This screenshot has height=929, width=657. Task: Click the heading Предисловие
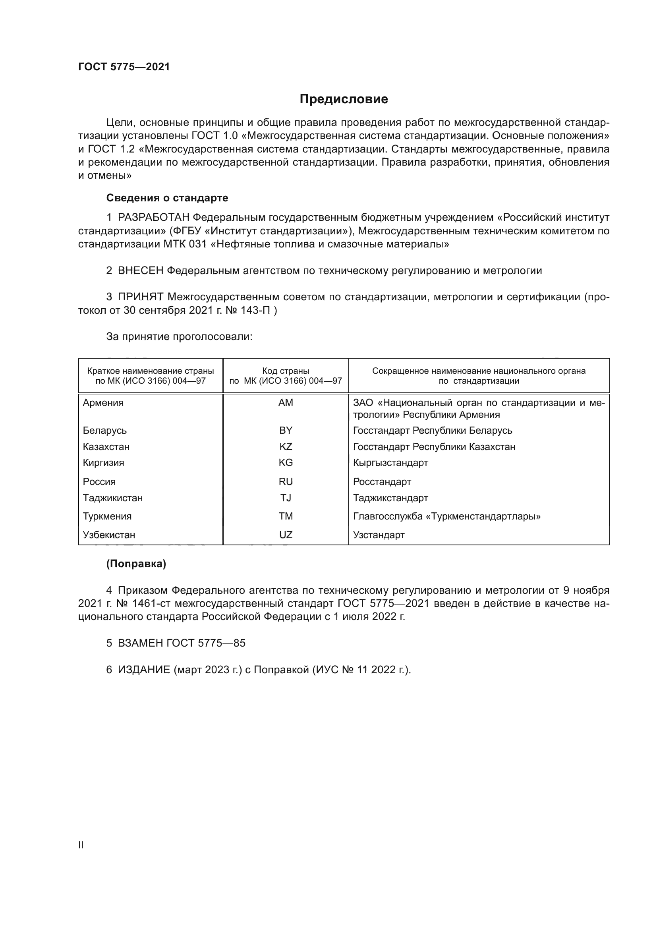[x=344, y=99]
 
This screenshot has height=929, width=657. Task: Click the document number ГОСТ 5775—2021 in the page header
[x=124, y=67]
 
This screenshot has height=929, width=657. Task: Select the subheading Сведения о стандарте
[x=167, y=198]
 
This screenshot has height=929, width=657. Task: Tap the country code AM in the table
[x=286, y=403]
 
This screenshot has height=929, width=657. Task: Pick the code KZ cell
[x=286, y=447]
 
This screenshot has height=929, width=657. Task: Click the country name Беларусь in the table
[x=105, y=431]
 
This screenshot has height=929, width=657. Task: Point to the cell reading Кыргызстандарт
[x=390, y=462]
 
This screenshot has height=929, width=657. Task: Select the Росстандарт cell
[x=382, y=481]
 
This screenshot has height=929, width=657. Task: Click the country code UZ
[x=286, y=535]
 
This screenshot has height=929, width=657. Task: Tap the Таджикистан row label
[x=113, y=498]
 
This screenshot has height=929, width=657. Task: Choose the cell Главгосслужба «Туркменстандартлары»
[x=446, y=516]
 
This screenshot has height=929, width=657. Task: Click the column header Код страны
[x=286, y=371]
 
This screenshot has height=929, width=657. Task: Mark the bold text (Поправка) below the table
[x=136, y=564]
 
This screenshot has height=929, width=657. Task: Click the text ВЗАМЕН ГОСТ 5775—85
[x=181, y=643]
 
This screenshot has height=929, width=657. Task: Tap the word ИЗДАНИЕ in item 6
[x=144, y=670]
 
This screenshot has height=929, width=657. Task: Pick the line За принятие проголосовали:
[x=179, y=337]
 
